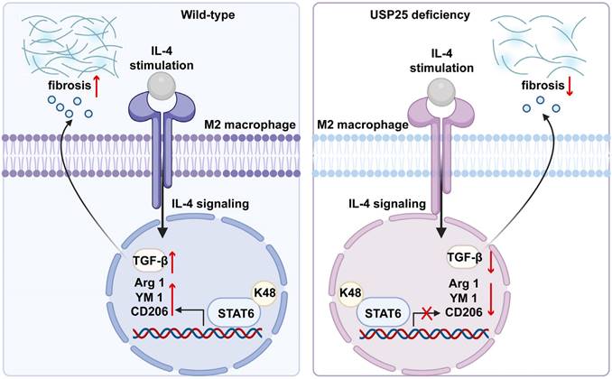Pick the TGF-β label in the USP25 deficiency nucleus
pyautogui.click(x=467, y=261)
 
